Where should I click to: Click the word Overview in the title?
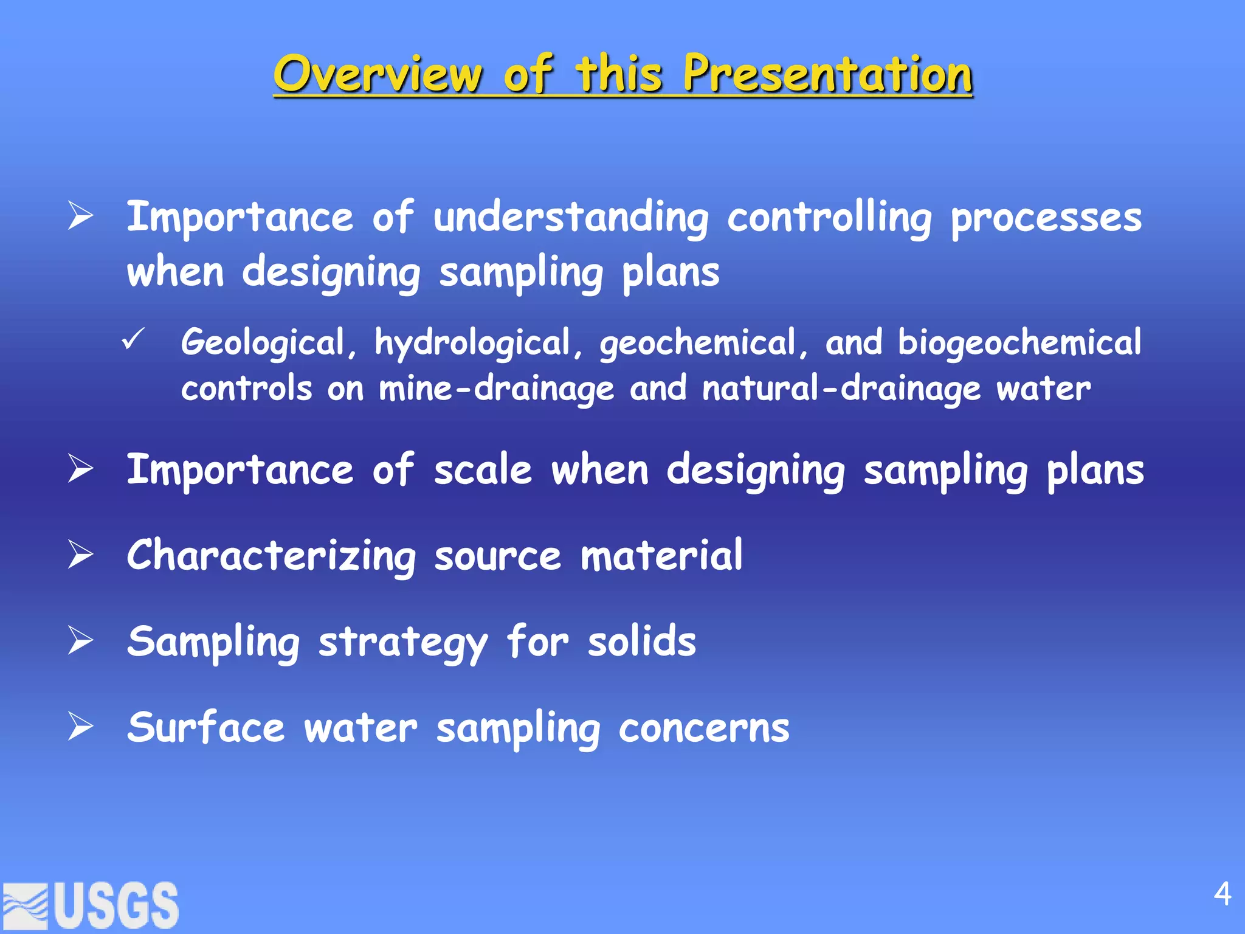[x=378, y=74]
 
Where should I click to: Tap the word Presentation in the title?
[x=827, y=74]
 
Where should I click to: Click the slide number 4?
[x=1222, y=894]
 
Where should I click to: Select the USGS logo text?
[x=117, y=905]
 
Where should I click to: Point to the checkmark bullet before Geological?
[x=133, y=339]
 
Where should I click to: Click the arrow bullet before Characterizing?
[x=80, y=555]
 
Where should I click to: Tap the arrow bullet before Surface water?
[x=80, y=727]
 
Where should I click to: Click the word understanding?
[x=571, y=218]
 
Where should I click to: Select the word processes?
[x=1046, y=218]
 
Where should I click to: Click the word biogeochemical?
[x=1019, y=342]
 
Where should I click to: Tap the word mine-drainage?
[x=496, y=389]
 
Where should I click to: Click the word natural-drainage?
[x=841, y=389]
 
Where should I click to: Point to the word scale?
[x=483, y=471]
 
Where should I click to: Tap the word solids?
[x=641, y=642]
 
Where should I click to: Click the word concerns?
[x=703, y=728]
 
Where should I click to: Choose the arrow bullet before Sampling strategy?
[x=80, y=640]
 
